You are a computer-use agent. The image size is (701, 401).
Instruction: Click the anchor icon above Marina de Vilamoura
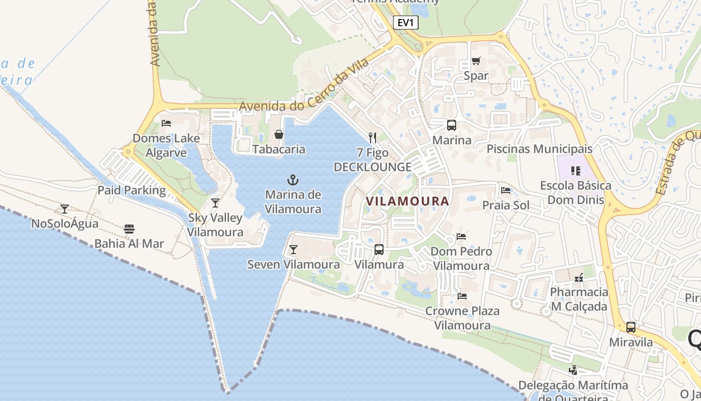pos(292,179)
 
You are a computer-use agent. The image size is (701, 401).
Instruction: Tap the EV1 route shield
pos(405,23)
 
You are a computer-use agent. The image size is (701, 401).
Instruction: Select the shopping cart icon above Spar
pos(476,61)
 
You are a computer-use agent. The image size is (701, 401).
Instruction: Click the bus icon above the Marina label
pos(452,125)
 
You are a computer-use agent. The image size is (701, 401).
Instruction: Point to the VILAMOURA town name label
pos(407,201)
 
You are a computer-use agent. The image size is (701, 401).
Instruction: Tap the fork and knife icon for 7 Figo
pos(372,137)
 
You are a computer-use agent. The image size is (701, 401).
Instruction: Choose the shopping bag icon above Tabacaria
pos(279,134)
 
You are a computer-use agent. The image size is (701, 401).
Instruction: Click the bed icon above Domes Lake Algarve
pos(166,123)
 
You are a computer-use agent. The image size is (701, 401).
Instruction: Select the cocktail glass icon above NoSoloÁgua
pos(65,209)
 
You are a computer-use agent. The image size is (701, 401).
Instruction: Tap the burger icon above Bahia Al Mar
pos(129,229)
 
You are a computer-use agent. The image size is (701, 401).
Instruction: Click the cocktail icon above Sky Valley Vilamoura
pos(215,203)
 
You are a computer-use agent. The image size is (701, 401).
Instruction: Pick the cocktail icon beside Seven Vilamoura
pos(293,249)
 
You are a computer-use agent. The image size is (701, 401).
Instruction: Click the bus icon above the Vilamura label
pos(379,249)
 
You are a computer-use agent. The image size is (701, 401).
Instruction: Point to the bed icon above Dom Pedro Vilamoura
pos(461,236)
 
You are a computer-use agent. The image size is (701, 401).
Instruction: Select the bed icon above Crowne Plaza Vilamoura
pos(462,296)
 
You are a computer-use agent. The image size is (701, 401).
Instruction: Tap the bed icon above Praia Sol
pos(506,190)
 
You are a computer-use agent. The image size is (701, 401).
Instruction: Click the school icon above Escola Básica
pos(576,171)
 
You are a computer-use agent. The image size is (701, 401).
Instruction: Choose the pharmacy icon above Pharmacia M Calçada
pos(579,277)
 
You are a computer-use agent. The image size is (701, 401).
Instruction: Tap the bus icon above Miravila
pos(631,327)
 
